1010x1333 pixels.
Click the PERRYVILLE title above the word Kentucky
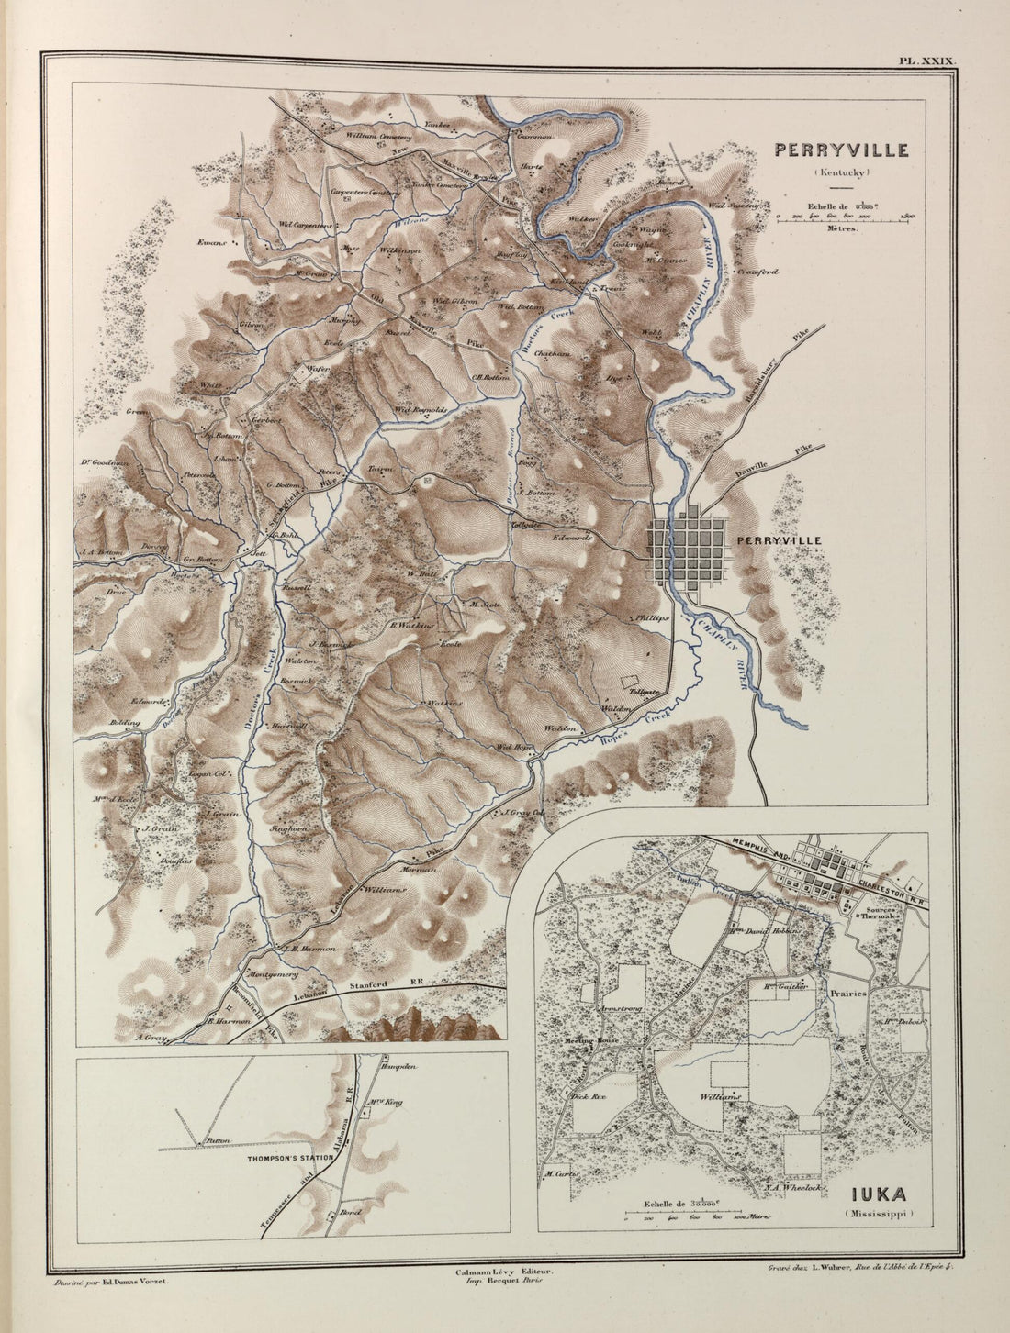pos(841,150)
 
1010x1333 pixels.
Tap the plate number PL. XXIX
pos(927,61)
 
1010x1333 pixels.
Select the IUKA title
pos(879,1194)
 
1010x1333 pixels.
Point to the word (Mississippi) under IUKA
pos(879,1214)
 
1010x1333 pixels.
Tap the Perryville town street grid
pos(689,554)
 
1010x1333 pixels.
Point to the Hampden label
pos(399,1068)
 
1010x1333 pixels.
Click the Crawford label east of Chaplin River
pos(757,272)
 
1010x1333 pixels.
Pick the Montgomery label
pos(269,973)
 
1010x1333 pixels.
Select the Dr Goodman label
pos(103,463)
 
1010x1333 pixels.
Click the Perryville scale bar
pos(842,217)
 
